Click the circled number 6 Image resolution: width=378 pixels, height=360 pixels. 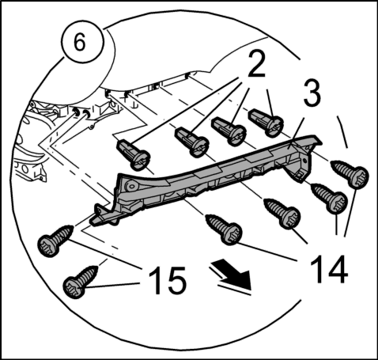pos(82,41)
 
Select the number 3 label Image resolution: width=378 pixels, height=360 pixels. pos(312,93)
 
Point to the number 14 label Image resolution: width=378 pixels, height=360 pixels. pos(328,269)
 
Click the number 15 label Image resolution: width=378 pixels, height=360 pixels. pos(168,280)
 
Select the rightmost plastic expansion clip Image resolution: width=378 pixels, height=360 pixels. pos(266,123)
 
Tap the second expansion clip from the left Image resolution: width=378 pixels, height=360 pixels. pos(192,142)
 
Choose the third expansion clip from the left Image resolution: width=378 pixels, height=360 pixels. pos(229,131)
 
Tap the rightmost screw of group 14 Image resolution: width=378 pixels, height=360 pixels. pos(350,174)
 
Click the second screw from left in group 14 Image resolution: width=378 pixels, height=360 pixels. pos(282,213)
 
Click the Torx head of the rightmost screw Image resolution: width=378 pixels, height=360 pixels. pos(359,177)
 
